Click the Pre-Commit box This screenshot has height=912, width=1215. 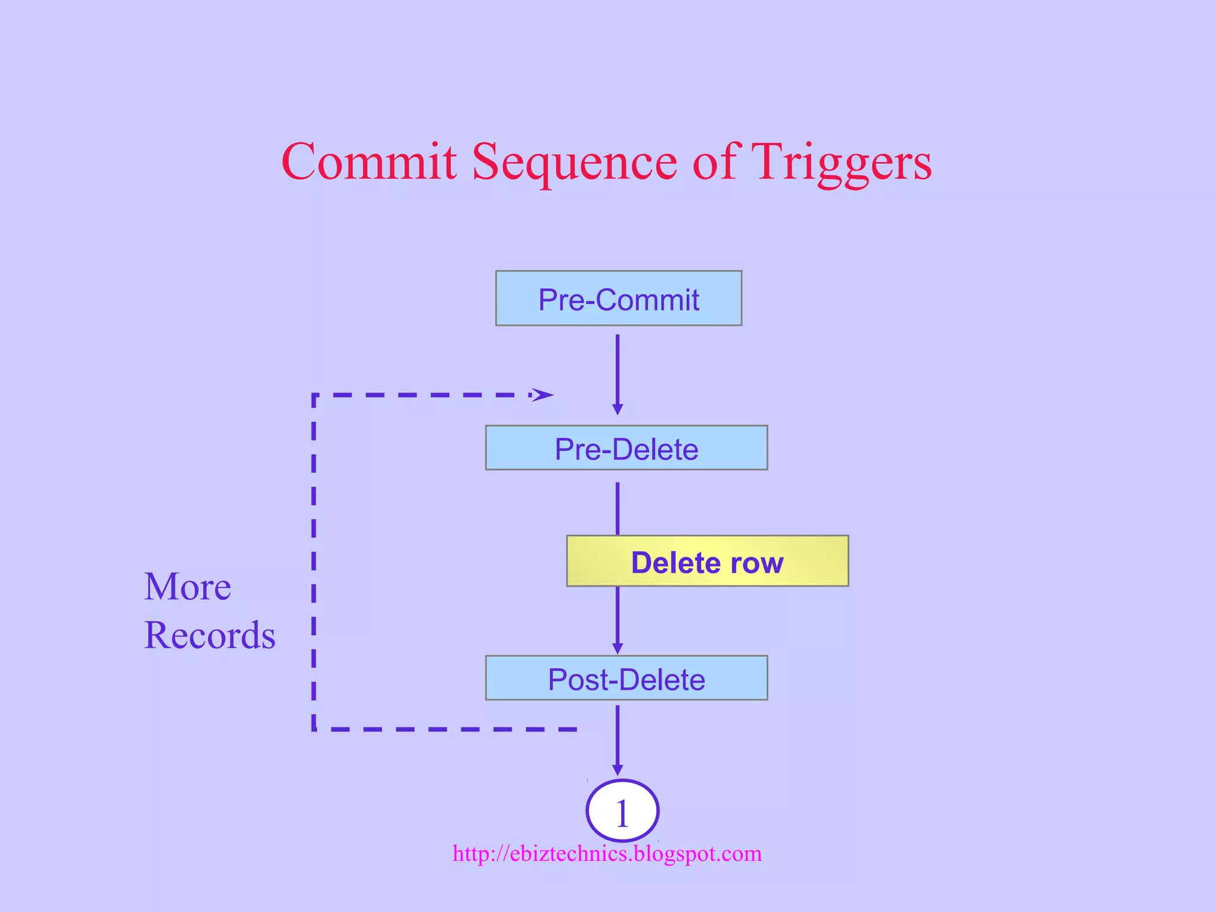coord(618,298)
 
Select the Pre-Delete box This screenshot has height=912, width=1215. coord(626,448)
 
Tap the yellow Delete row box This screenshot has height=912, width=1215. coord(707,561)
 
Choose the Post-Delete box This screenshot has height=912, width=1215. coord(626,678)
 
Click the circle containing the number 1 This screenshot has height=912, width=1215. coord(622,811)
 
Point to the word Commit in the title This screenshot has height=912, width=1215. coord(369,161)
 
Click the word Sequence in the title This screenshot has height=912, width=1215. coord(574,161)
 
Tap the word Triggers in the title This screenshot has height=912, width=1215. coord(841,161)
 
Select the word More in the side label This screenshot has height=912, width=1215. coord(187,587)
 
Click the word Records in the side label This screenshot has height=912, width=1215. coord(209,635)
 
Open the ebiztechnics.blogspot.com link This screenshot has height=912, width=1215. coord(607,854)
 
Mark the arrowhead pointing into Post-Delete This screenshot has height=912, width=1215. coord(618,648)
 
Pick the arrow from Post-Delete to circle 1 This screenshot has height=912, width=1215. coord(618,739)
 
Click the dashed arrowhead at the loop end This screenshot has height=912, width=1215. coord(543,395)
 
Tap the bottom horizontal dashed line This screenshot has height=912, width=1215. coord(445,729)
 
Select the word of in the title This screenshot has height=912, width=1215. coord(714,161)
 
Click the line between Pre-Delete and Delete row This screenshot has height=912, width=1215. coord(618,508)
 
